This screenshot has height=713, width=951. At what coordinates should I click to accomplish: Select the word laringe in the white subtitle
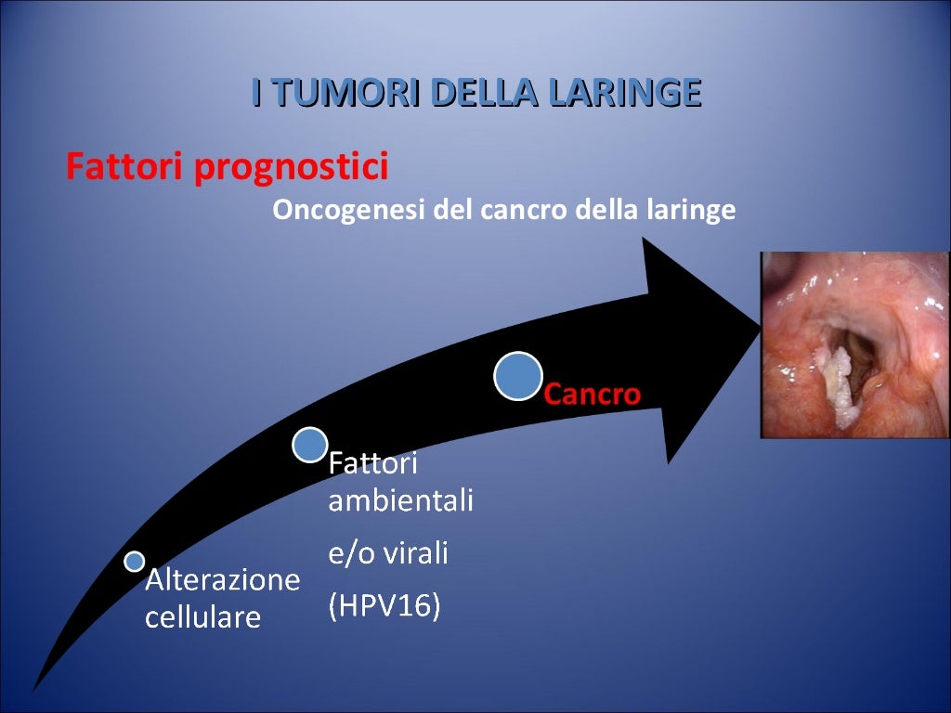686,211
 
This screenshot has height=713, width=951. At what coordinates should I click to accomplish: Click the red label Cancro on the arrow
592,395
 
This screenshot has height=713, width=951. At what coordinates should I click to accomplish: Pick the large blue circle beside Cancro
518,376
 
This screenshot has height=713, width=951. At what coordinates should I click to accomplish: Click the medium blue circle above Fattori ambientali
310,445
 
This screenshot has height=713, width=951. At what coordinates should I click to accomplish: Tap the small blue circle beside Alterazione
135,561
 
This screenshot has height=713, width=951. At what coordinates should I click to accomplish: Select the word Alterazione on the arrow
223,581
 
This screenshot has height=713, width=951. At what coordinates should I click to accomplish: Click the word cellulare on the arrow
202,617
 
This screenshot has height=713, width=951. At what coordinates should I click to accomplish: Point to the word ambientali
400,501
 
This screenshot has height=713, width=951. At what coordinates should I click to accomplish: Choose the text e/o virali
388,554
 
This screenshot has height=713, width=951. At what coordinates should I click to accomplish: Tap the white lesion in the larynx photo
839,380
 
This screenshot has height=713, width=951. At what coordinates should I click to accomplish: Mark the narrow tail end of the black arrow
37,685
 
